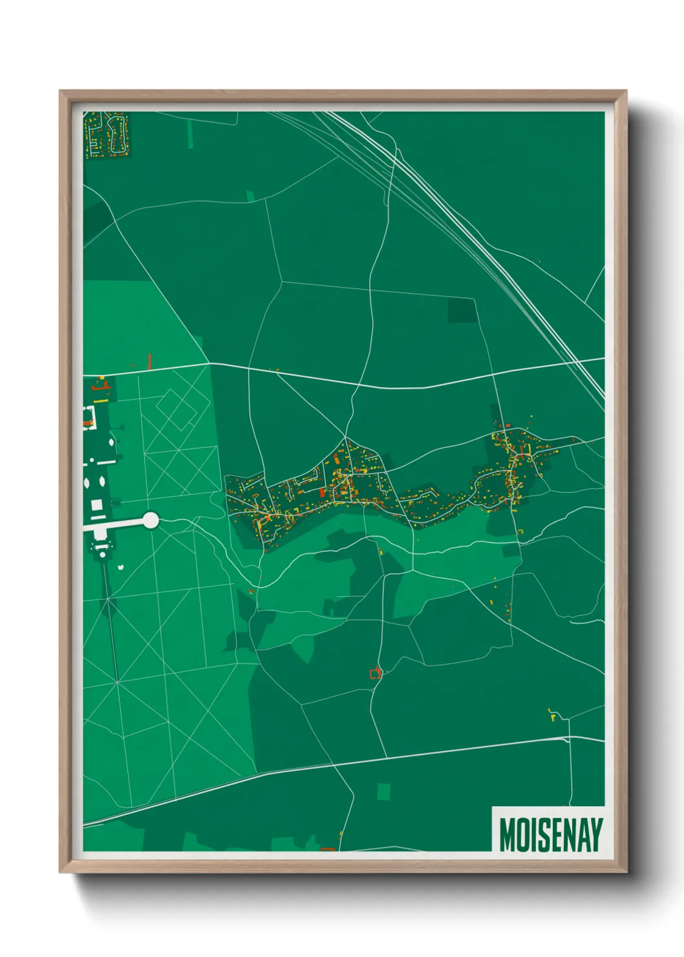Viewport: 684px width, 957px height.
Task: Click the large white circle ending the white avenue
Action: (150, 520)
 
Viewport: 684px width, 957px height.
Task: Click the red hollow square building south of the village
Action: (375, 674)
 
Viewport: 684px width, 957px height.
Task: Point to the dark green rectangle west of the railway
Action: (462, 310)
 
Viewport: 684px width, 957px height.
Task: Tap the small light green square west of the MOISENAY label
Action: (384, 791)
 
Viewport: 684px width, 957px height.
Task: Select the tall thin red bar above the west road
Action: (149, 361)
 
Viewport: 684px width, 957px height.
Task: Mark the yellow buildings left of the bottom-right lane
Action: (553, 715)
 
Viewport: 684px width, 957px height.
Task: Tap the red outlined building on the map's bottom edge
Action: (328, 848)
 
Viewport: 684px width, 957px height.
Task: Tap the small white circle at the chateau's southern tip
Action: (121, 566)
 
